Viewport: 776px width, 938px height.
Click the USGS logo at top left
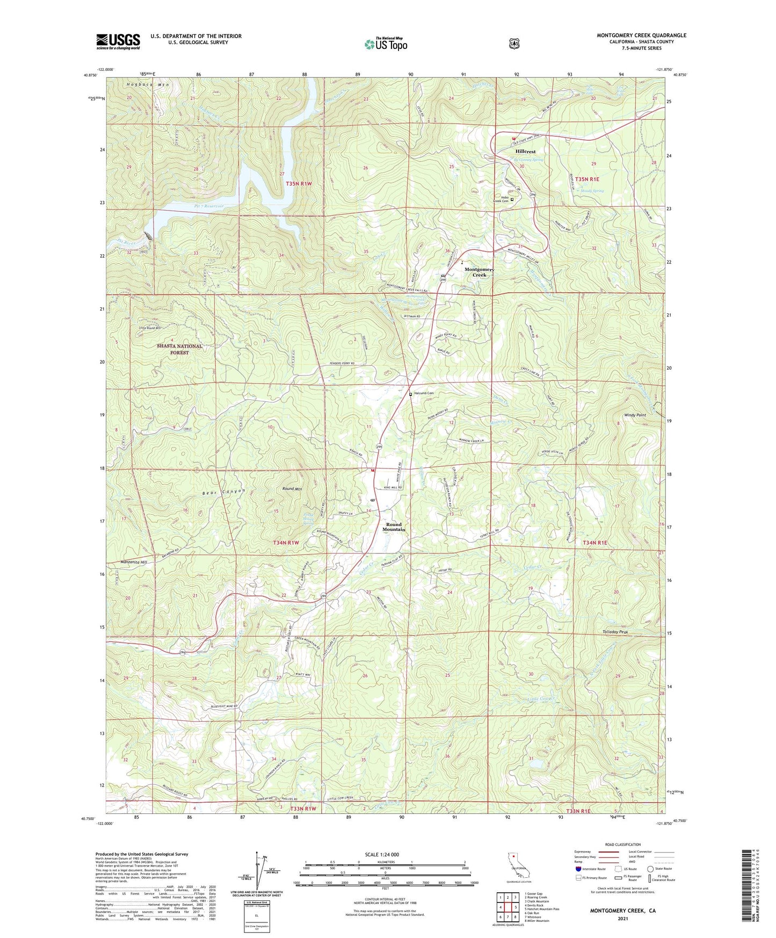click(118, 41)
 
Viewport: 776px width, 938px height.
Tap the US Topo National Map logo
click(386, 44)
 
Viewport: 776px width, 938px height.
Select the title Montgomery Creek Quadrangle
click(641, 35)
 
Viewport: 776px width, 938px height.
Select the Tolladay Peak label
click(613, 632)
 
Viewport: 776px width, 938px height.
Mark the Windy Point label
click(635, 415)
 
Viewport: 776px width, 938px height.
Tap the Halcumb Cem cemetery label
click(423, 394)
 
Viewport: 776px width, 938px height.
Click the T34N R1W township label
click(286, 543)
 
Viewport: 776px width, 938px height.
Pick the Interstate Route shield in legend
click(578, 869)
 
